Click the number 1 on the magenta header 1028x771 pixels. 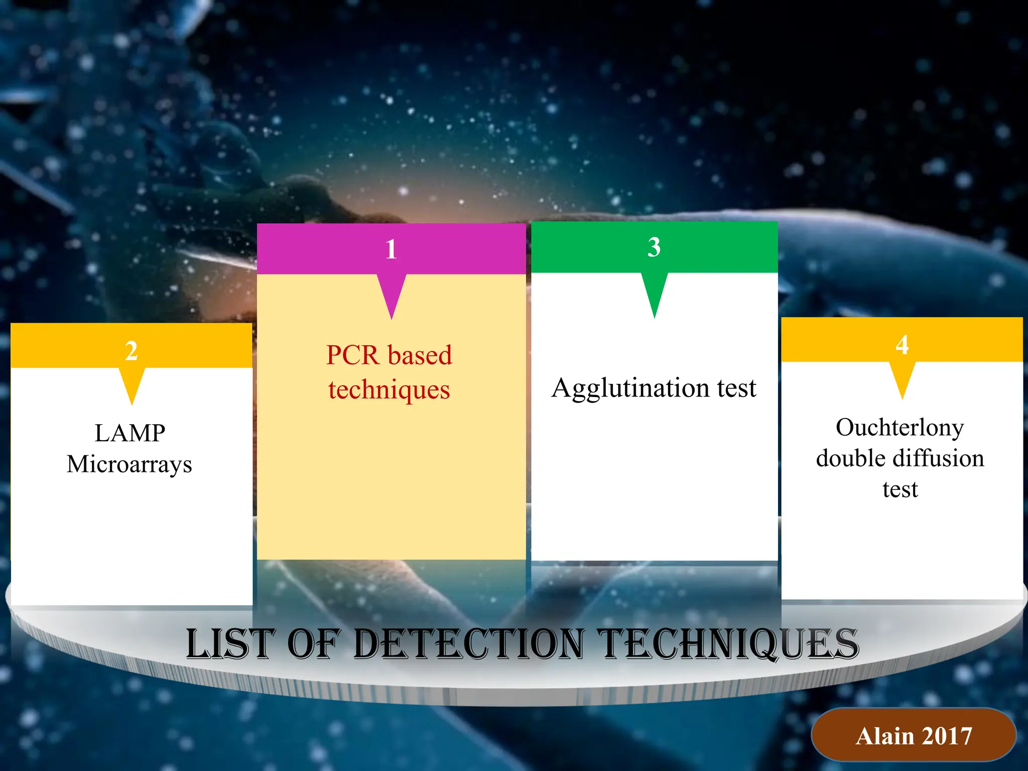[x=391, y=249]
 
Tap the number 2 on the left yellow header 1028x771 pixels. [x=132, y=351]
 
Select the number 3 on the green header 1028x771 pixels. [x=654, y=247]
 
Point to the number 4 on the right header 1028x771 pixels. [x=902, y=345]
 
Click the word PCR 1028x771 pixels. [x=352, y=355]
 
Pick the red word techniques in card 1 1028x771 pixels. [x=389, y=390]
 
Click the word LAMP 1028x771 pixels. [x=130, y=433]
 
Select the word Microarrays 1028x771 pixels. [x=130, y=464]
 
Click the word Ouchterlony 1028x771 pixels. [x=899, y=428]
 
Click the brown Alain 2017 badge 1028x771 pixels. [x=914, y=736]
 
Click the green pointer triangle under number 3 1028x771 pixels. [x=654, y=291]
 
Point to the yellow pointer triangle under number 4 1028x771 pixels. [x=902, y=376]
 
